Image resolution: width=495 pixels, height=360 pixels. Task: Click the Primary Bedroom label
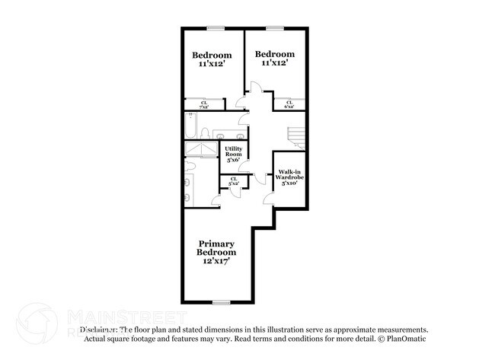coord(216,248)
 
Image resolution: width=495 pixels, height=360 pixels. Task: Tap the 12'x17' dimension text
coord(217,261)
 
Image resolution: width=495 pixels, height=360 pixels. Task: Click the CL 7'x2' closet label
coord(204,105)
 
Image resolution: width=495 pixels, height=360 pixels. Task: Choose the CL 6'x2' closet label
coord(289,104)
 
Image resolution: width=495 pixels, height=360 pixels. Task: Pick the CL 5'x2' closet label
coord(233,181)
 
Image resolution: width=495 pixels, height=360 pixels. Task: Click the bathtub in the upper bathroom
coord(190,126)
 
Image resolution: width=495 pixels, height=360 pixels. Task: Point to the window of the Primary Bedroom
coord(222,302)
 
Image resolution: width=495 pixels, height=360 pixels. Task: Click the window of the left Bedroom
coord(216,29)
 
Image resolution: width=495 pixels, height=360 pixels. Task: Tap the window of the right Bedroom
coord(275,29)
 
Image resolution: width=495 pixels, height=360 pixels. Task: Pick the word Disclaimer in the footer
coord(97,330)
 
